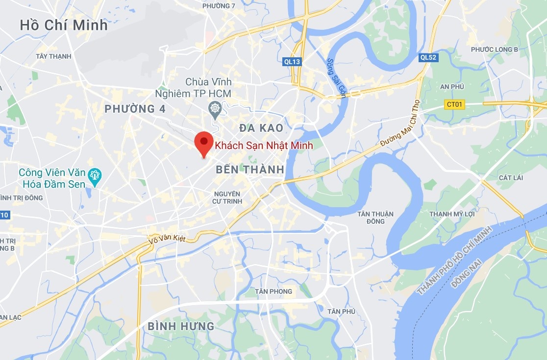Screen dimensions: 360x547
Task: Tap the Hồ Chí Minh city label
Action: [64, 25]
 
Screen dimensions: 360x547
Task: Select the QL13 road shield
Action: [292, 61]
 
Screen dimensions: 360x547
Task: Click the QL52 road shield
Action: [428, 57]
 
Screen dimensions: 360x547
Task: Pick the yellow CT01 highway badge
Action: [454, 104]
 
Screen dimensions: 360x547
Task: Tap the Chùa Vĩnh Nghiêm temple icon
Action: [215, 108]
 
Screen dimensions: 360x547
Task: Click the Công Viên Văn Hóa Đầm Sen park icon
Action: [95, 175]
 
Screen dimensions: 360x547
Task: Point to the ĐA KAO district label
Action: [261, 128]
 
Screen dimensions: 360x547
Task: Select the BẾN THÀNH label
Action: [250, 169]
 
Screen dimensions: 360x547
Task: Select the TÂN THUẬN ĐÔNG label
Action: [375, 217]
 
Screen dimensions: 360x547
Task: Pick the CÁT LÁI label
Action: [510, 177]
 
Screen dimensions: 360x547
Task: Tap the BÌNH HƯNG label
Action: [181, 326]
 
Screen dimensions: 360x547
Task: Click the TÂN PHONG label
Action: [273, 291]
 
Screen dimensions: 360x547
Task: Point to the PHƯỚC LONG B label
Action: [494, 49]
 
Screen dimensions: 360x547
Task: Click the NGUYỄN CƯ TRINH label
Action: [226, 197]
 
